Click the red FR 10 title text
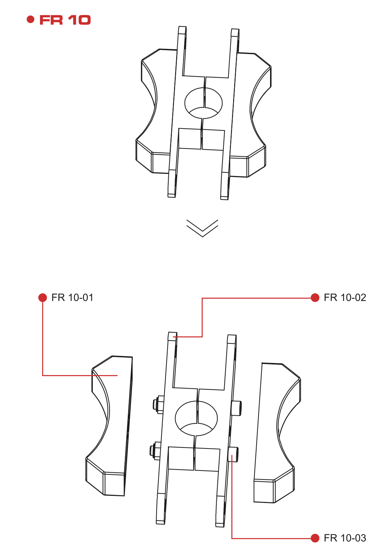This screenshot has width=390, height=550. coord(65,20)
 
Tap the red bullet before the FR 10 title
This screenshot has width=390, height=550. coord(31,19)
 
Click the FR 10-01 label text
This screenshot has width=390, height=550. coord(72,297)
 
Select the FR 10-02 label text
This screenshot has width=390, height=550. coord(344,297)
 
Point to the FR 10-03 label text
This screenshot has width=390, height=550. coord(344,538)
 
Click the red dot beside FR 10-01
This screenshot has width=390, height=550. coord(43,297)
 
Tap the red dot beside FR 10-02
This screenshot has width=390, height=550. coord(315,297)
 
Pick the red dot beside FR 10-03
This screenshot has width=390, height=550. coord(315,538)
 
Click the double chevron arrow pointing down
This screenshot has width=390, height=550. coord(202,228)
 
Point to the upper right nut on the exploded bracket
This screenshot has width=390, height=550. coord(236,408)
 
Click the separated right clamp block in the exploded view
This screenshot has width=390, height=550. coord(276,433)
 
